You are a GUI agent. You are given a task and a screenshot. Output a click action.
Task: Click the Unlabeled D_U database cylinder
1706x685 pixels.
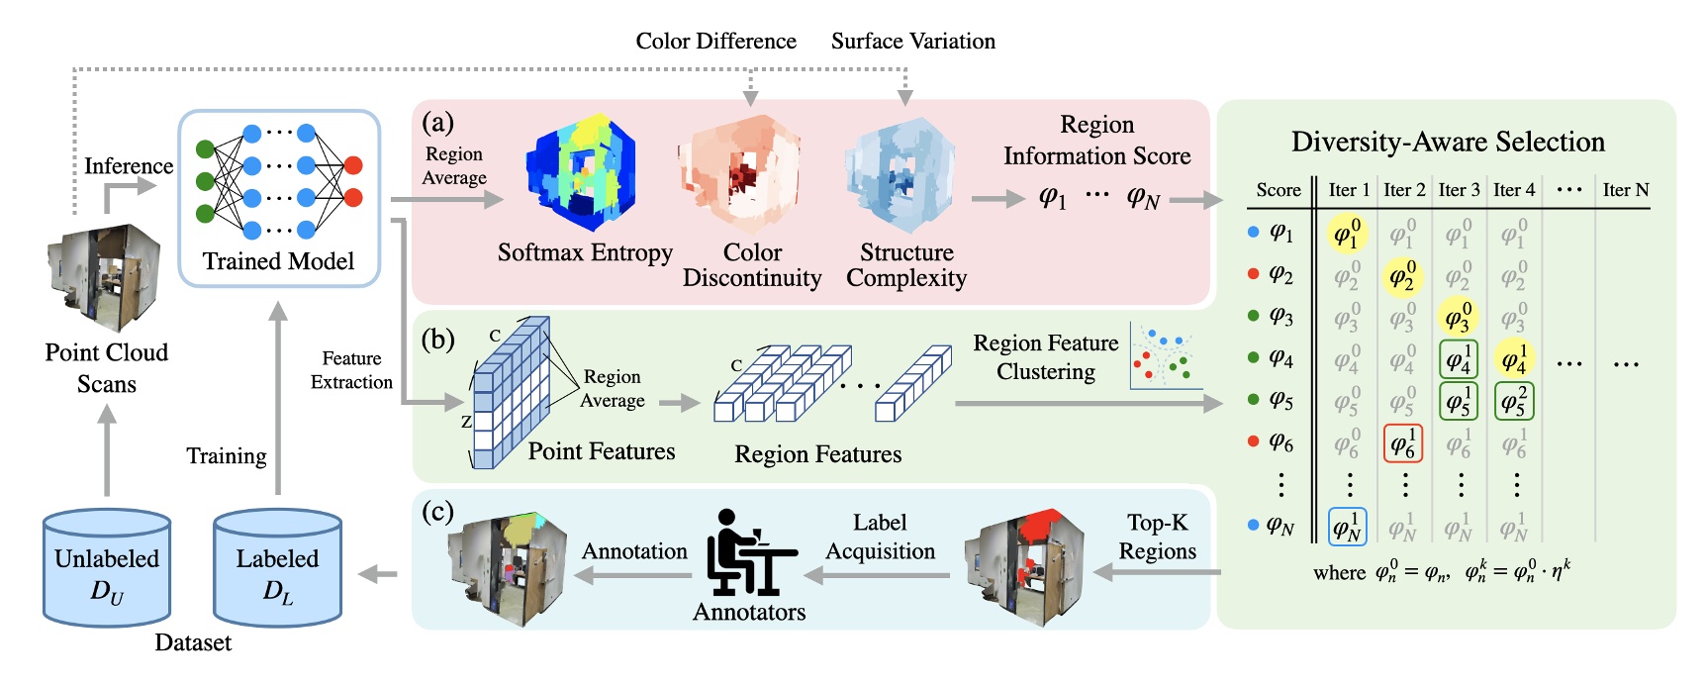[107, 566]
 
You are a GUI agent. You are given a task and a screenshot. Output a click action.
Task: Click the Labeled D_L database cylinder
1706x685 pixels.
[277, 566]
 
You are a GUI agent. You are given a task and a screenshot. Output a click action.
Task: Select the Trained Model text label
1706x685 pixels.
[278, 261]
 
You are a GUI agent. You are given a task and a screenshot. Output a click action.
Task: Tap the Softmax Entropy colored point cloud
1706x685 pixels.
[584, 174]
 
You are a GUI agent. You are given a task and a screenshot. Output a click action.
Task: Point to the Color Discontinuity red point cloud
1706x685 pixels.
[740, 174]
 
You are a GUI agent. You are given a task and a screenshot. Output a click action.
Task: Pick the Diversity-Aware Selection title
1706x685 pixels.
[1448, 142]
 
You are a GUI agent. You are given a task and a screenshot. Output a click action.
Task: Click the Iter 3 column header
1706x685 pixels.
[1459, 190]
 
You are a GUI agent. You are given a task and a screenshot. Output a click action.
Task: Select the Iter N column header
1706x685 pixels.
[1625, 190]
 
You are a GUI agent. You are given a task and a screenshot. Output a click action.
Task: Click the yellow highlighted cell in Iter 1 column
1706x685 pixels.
[1347, 234]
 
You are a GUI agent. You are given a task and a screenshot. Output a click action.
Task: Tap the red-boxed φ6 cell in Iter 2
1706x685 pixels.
[1402, 444]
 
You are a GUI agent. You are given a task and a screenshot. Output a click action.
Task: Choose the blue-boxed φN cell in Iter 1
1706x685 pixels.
[1347, 527]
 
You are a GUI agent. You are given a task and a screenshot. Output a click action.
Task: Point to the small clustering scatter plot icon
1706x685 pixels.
[1165, 356]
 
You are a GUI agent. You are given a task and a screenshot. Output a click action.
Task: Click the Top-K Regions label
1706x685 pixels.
[1157, 537]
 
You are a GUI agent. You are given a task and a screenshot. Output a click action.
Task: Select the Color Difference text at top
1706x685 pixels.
[715, 41]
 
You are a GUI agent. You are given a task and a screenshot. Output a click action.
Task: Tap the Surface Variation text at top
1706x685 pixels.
[912, 41]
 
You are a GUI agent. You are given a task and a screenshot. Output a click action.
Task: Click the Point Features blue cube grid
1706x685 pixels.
[509, 393]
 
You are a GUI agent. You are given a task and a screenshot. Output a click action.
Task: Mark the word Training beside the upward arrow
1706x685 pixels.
[227, 456]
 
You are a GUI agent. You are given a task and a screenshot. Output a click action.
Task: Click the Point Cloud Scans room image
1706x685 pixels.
[104, 277]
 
